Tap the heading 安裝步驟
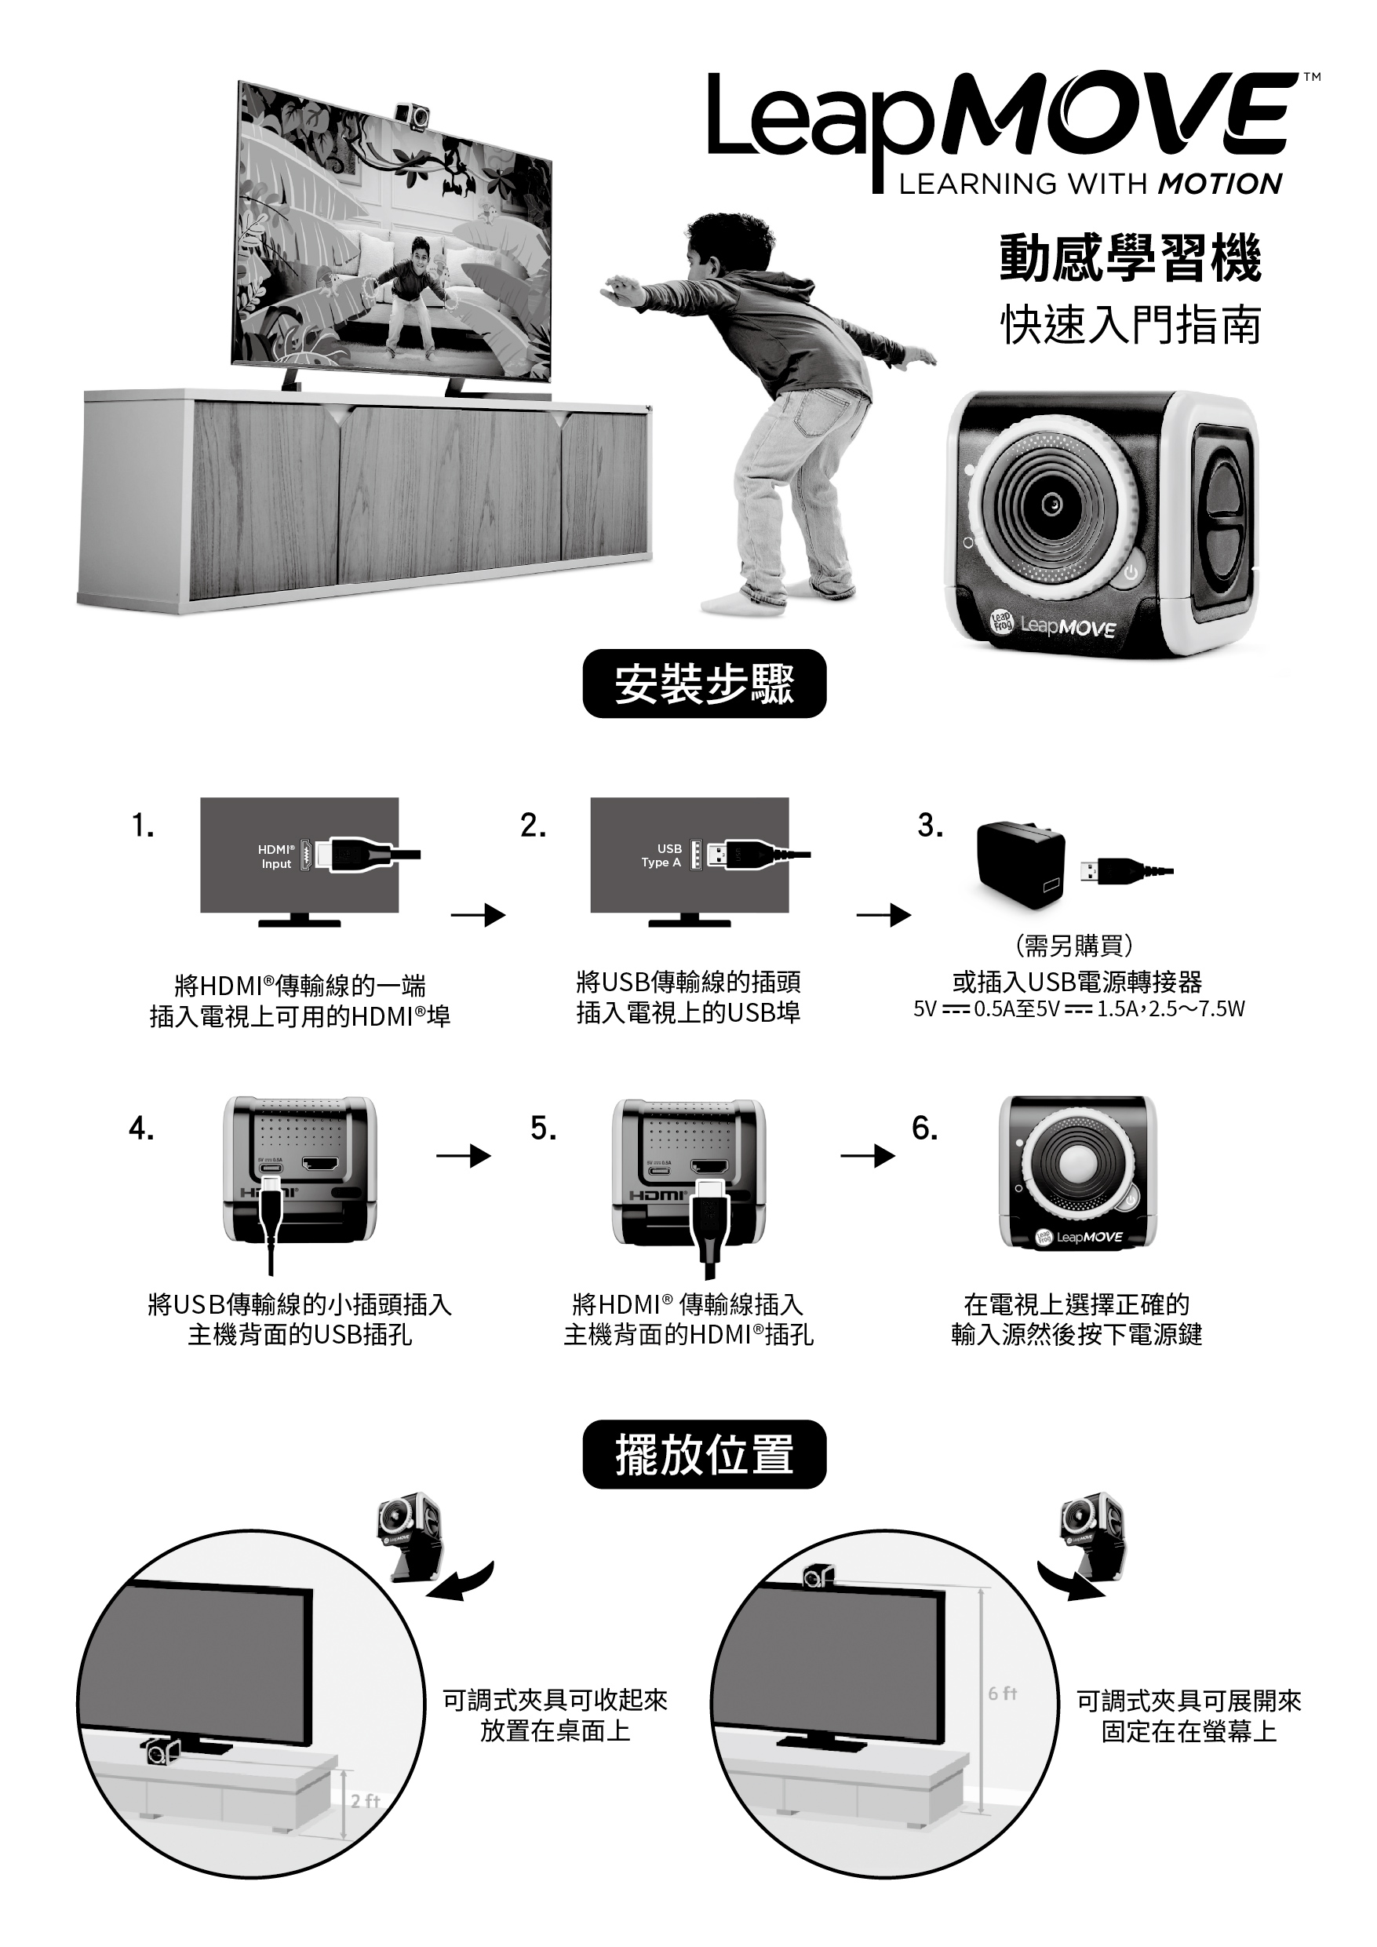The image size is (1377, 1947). pos(704,684)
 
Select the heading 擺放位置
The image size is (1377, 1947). pos(704,1454)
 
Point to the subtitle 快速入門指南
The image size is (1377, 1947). pos(1131,325)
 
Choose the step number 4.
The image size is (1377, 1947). pos(140,1128)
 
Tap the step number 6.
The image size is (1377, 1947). pos(924,1127)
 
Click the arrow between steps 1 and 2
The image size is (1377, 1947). pos(478,915)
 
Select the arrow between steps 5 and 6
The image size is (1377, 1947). pos(868,1156)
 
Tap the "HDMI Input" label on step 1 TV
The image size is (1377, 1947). pos(276,855)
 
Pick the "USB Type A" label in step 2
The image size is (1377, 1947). pos(661,855)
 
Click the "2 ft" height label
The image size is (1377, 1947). pos(366,1824)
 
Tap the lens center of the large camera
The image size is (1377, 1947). pos(1052,504)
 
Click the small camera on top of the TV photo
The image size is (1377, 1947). pos(413,115)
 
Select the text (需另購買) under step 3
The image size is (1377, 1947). pos(1074,945)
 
